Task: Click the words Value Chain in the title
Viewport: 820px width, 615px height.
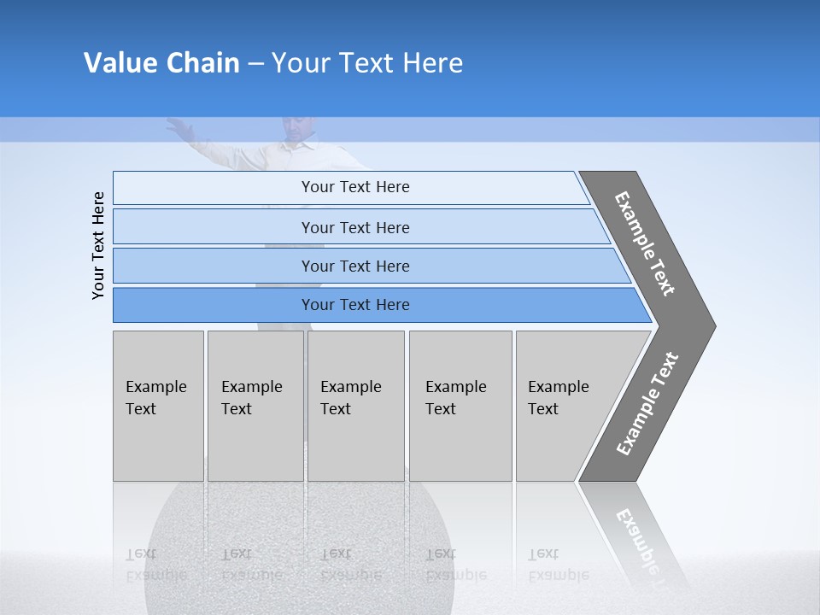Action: (161, 63)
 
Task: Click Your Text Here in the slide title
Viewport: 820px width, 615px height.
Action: (367, 63)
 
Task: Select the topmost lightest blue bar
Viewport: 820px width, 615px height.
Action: (355, 187)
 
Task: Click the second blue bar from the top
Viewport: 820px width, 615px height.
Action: (355, 227)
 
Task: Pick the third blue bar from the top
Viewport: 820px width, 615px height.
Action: (355, 266)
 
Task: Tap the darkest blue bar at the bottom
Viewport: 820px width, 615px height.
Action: (355, 305)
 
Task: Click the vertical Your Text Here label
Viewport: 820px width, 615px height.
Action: (99, 245)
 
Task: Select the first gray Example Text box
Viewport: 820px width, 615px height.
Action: (158, 406)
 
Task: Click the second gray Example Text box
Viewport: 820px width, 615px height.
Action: (255, 406)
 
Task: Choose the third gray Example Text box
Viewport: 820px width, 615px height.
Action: (354, 406)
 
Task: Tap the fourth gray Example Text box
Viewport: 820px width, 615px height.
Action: (460, 406)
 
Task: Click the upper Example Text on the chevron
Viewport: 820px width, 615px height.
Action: (646, 243)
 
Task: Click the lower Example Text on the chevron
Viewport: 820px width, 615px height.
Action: (647, 403)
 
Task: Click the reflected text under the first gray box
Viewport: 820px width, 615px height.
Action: (156, 565)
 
